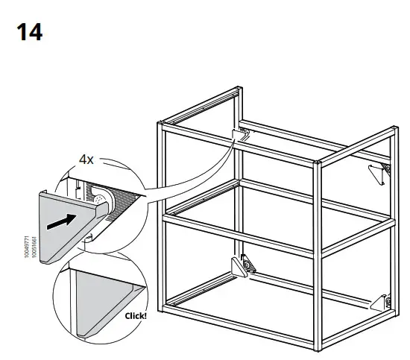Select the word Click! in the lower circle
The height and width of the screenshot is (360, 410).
(136, 315)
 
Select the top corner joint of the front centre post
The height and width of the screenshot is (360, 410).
(318, 160)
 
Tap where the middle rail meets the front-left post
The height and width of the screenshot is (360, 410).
(162, 217)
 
